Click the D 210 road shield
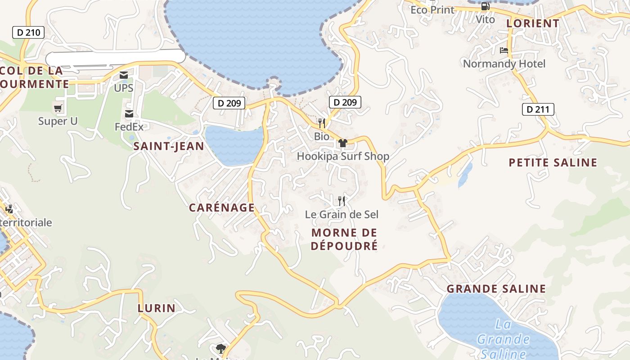click(x=28, y=32)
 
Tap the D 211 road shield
click(x=538, y=109)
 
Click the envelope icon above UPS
click(x=123, y=75)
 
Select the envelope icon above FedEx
click(x=129, y=114)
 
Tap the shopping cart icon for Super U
click(x=58, y=108)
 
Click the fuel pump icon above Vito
click(x=485, y=7)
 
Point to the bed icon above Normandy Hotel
click(x=504, y=50)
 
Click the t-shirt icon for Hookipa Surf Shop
click(x=343, y=143)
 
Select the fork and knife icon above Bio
click(x=321, y=123)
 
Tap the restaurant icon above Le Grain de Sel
click(x=342, y=201)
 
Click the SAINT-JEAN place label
click(x=169, y=146)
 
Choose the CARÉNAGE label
click(x=222, y=207)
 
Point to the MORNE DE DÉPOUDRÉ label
click(x=344, y=239)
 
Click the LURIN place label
click(x=156, y=308)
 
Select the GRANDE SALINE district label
click(x=496, y=289)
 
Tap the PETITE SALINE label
click(x=553, y=162)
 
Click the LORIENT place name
click(x=533, y=23)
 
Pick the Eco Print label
click(x=432, y=9)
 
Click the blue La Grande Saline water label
click(x=503, y=338)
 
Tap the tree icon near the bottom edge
click(x=220, y=348)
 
